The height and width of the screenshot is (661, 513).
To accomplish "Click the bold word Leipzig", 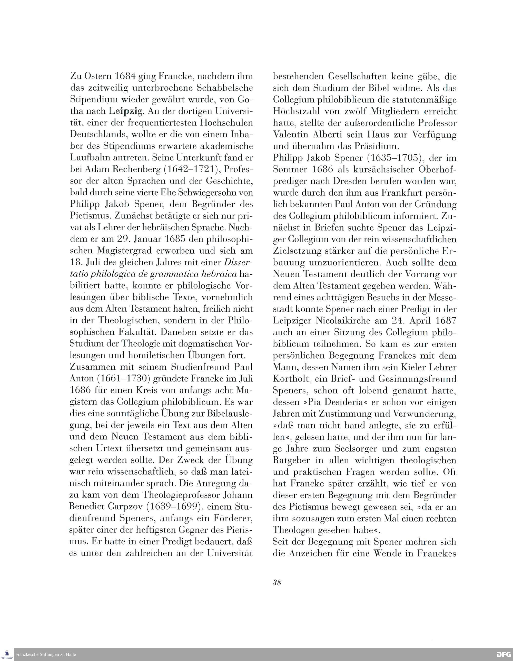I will pos(125,111).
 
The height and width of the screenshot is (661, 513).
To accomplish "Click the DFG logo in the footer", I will pos(504,654).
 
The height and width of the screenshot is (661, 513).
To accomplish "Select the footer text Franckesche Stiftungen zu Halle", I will pos(45,655).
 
